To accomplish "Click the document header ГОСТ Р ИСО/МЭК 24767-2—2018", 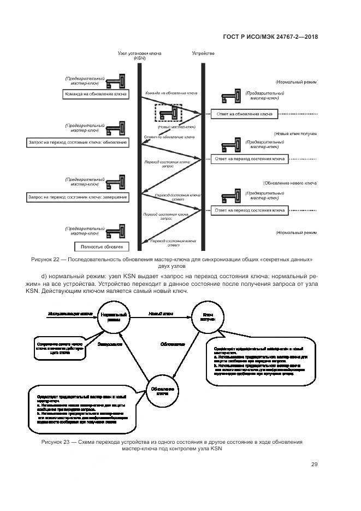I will tap(271, 37).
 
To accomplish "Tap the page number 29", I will tap(315, 465).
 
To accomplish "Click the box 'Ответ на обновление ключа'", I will tap(245, 114).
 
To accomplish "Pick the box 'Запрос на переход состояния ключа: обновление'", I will tap(77, 143).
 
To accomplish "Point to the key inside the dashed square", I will tap(170, 114).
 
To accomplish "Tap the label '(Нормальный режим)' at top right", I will tap(297, 81).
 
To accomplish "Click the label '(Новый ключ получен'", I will tap(295, 133).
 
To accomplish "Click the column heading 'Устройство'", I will tap(203, 54).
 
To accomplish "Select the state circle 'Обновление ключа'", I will tap(162, 390).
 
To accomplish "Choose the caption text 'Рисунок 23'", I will tap(56, 441).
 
